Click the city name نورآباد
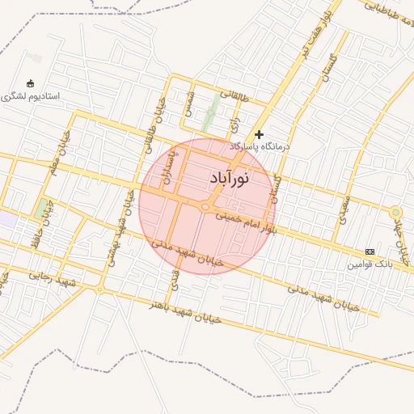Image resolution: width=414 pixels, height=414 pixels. coord(229,177)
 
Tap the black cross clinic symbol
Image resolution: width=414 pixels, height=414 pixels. coord(259,134)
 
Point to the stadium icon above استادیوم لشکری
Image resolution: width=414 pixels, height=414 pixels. coord(31,83)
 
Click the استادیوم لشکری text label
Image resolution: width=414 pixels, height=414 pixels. coord(31,95)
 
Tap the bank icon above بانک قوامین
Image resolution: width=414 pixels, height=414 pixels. coord(370,252)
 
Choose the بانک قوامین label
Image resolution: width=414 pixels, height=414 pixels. coord(370,264)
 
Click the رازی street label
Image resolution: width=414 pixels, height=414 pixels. coord(235,122)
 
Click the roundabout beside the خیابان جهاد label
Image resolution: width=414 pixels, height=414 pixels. coord(395,213)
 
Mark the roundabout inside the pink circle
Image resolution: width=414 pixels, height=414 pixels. coord(205,207)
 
